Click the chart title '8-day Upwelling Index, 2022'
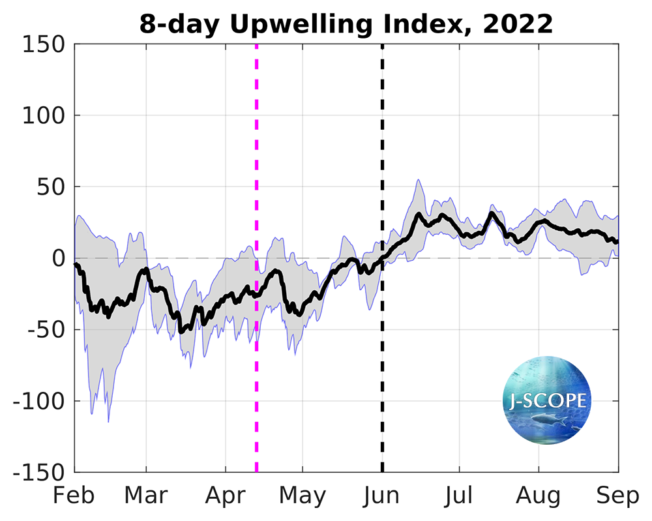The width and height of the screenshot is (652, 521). click(346, 24)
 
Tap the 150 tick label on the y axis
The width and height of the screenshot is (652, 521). click(43, 44)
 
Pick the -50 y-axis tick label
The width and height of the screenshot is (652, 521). click(44, 330)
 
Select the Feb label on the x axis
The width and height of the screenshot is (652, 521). click(74, 496)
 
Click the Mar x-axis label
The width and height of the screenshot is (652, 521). click(146, 496)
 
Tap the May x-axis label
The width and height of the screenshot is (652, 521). click(303, 496)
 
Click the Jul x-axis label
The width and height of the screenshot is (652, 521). click(460, 496)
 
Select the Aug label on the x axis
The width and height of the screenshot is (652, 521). click(539, 496)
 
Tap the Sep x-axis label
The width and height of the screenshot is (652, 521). click(618, 496)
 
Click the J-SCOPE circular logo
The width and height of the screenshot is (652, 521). click(547, 400)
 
